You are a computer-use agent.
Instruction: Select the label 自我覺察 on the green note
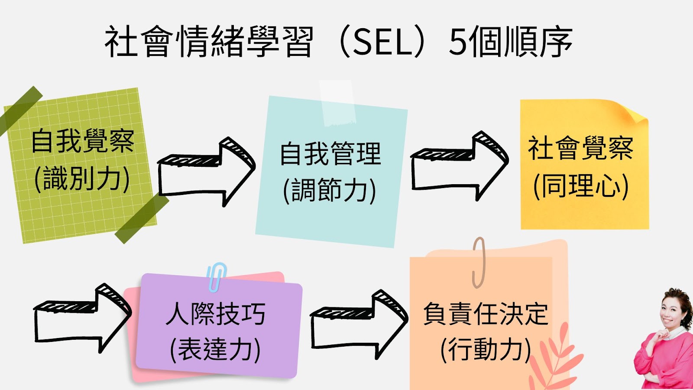[82, 141]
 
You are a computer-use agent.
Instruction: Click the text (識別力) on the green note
[82, 179]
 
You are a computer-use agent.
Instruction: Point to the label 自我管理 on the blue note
[330, 153]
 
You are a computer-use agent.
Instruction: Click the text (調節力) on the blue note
[330, 191]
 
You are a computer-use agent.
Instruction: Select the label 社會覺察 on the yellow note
[581, 148]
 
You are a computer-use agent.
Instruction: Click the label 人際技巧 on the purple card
[215, 314]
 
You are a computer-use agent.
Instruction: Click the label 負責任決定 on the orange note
[486, 314]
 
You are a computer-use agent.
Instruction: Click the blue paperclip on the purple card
[217, 276]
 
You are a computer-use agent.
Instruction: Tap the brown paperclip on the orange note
[479, 262]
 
